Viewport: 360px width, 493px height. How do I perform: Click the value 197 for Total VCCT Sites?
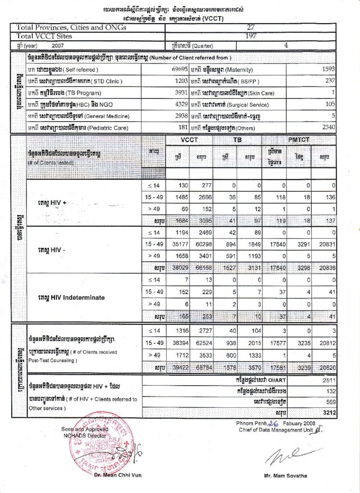point(251,36)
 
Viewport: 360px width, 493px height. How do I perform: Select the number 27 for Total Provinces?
point(250,27)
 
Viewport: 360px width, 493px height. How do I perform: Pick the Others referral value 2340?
point(327,128)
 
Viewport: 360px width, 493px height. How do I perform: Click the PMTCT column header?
point(299,140)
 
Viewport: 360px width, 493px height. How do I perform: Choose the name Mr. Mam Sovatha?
point(285,475)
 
